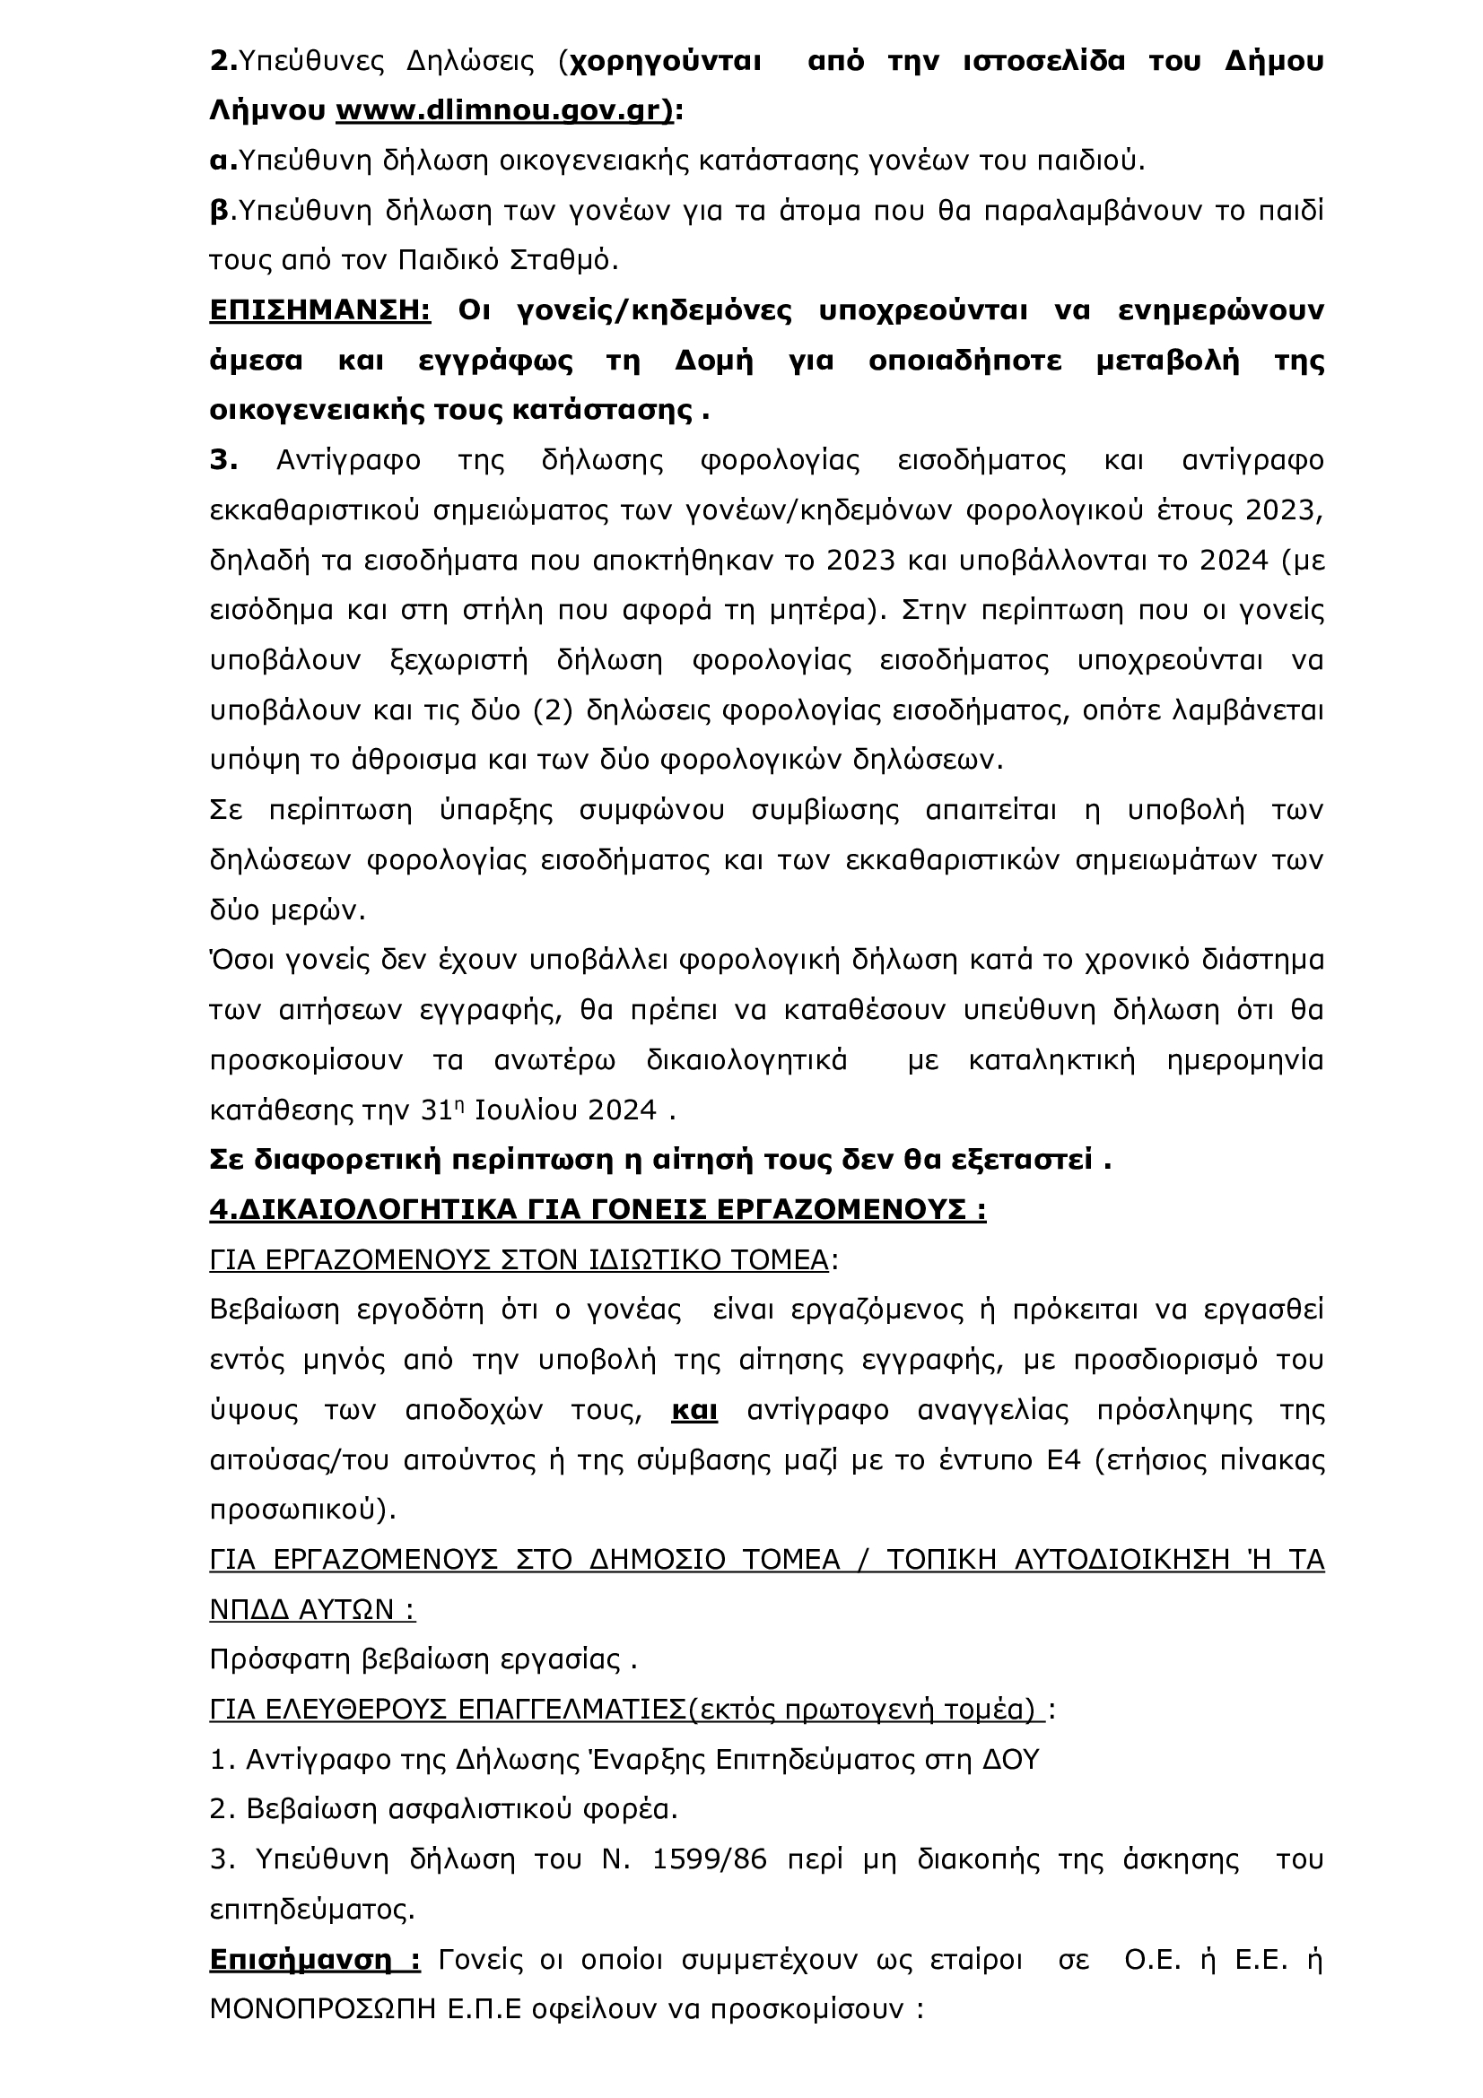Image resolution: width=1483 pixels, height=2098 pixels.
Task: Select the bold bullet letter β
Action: coord(219,212)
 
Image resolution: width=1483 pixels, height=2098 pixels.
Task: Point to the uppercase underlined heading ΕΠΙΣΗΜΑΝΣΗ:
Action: coord(319,311)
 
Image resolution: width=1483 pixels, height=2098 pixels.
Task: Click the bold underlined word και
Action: coord(694,1411)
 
